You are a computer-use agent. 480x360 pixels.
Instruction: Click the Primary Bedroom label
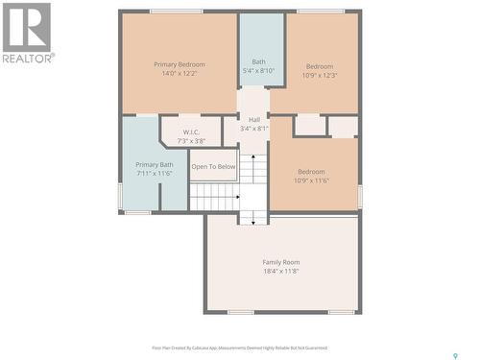[x=180, y=64]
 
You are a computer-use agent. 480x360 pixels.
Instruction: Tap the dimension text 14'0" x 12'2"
[x=180, y=74]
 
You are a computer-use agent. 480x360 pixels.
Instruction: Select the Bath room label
[x=259, y=61]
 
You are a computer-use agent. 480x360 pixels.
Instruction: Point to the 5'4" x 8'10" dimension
[x=259, y=70]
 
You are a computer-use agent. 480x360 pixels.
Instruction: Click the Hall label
[x=254, y=119]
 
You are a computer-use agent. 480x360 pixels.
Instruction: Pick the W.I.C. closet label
[x=191, y=132]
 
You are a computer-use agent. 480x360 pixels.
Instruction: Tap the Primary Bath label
[x=155, y=164]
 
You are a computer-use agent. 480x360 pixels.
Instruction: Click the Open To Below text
[x=213, y=166]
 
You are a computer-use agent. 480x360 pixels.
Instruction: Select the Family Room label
[x=281, y=261]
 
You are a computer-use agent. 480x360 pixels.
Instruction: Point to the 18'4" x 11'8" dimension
[x=281, y=271]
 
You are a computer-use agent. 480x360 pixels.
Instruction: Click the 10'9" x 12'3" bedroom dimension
[x=320, y=75]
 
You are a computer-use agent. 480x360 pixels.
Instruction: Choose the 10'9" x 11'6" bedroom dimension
[x=312, y=180]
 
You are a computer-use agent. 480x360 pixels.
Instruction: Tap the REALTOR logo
[x=27, y=33]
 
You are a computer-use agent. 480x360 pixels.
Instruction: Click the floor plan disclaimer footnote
[x=239, y=348]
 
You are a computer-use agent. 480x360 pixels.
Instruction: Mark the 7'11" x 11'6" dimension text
[x=155, y=174]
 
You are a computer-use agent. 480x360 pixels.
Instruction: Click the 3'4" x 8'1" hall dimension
[x=254, y=128]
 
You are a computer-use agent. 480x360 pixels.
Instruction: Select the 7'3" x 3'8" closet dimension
[x=191, y=141]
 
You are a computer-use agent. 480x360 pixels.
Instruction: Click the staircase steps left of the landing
[x=213, y=196]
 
